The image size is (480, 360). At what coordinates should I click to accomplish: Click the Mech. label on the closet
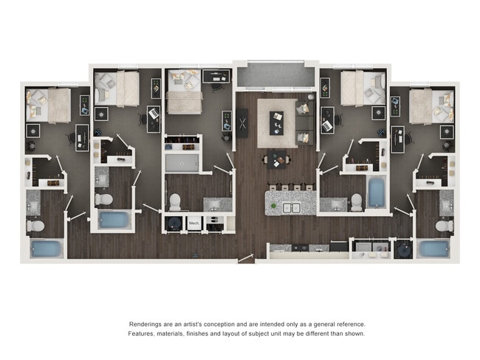point(194,223)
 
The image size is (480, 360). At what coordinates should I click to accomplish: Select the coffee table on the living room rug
point(277,119)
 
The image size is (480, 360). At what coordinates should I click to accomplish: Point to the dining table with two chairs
point(276,159)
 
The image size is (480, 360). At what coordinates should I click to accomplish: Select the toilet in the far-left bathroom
point(35,225)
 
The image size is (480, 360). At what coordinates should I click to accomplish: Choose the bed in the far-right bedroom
point(432,105)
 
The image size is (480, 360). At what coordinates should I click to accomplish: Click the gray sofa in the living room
point(304,122)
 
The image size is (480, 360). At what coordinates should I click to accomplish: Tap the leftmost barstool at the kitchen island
point(272,187)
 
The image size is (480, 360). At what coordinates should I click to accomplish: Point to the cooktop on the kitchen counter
point(303,247)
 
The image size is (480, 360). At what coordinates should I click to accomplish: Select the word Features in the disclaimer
point(145,333)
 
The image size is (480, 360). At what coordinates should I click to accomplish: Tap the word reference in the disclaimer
point(348,325)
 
